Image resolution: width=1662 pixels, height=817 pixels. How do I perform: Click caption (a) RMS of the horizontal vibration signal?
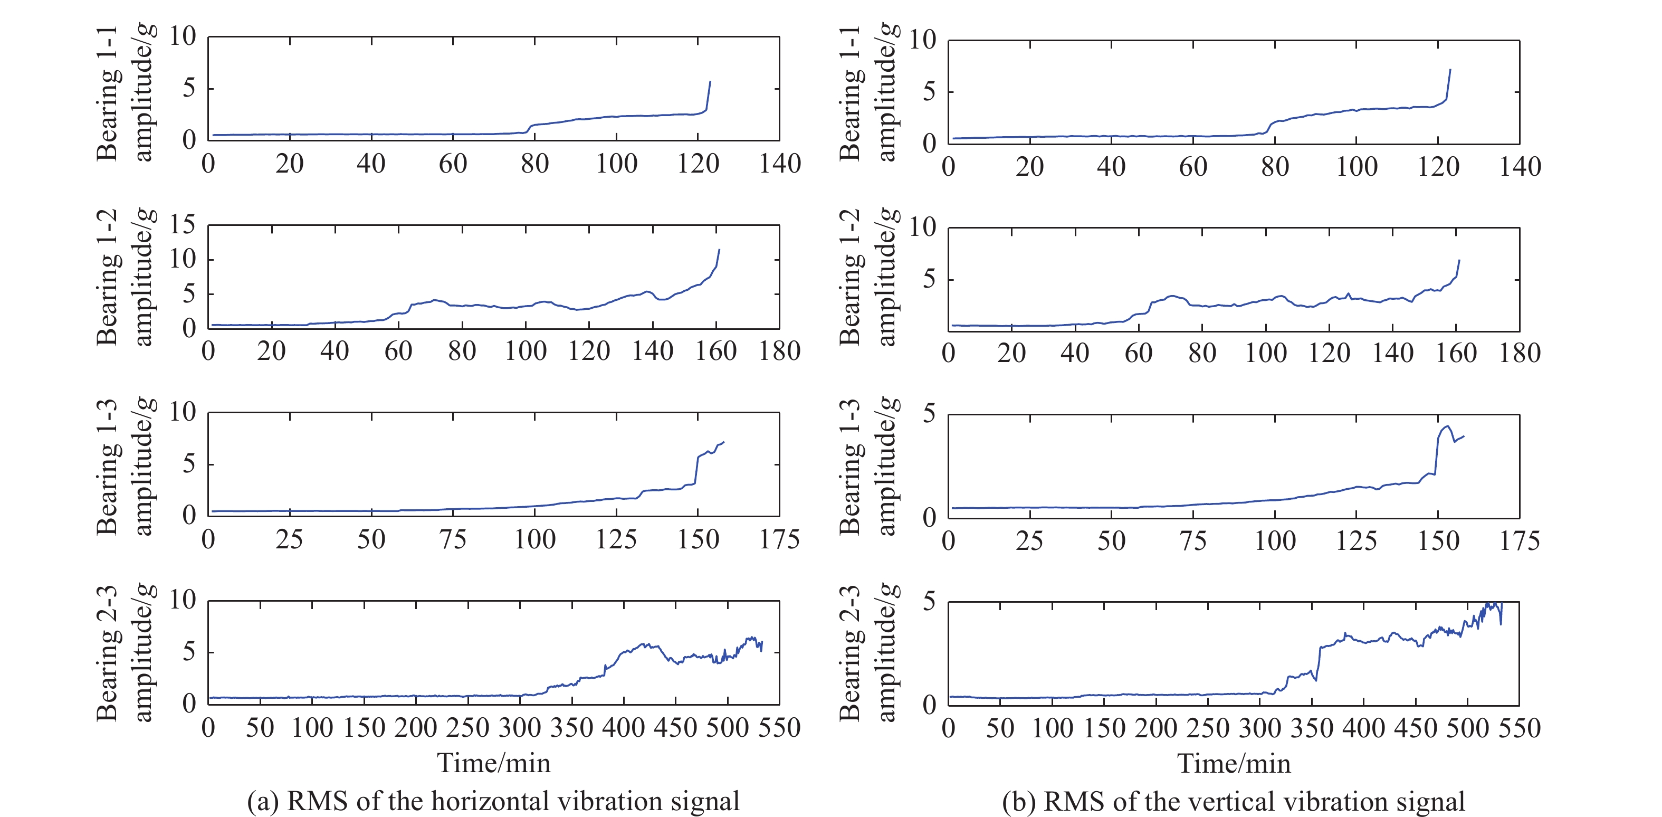point(493,801)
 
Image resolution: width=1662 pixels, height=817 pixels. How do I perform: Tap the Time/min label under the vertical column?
point(1234,764)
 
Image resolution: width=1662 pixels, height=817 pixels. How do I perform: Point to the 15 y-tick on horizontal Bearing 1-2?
point(182,225)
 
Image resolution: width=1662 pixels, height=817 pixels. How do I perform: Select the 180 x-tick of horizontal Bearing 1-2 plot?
point(779,351)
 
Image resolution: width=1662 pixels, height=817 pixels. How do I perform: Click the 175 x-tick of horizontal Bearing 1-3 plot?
point(779,539)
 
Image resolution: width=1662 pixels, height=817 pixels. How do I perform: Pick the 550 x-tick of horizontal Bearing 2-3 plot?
point(779,728)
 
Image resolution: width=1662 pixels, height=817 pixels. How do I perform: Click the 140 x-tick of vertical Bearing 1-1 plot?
point(1520,166)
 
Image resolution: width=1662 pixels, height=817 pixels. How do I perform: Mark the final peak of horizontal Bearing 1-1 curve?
point(710,81)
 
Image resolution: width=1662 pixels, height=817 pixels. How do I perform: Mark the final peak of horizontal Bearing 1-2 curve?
point(719,250)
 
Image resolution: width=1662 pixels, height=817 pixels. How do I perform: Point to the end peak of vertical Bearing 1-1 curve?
point(1450,70)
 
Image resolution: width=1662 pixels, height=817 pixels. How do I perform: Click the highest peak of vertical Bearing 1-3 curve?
point(1447,426)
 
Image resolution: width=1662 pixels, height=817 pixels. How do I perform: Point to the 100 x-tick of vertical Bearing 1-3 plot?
point(1275,541)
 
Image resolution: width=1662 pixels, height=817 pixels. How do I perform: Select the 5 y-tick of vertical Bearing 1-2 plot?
point(929,279)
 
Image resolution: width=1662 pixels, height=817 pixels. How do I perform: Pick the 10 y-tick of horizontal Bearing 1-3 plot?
point(182,412)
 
